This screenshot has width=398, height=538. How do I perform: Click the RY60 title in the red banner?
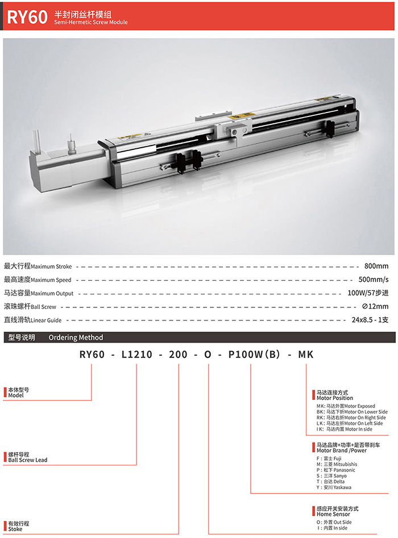(x=27, y=17)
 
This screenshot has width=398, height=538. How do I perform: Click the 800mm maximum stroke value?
(x=376, y=266)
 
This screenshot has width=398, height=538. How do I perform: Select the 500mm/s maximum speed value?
(x=374, y=280)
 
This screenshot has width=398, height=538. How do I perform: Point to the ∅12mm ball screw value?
(x=375, y=306)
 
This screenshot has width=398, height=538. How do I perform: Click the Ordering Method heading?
(x=76, y=337)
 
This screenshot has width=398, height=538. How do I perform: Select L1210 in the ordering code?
(x=136, y=355)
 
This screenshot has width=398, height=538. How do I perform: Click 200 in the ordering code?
(x=178, y=355)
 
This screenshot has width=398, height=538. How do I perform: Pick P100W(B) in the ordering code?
(x=254, y=355)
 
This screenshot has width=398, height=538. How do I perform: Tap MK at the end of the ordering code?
(x=306, y=355)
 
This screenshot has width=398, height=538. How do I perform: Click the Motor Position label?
(x=335, y=398)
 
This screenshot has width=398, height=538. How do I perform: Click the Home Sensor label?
(x=333, y=514)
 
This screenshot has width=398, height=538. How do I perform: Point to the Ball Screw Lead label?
(x=28, y=460)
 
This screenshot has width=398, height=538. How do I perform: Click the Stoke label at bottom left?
(x=15, y=529)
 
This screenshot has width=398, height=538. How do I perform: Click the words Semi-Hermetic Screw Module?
(x=91, y=22)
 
